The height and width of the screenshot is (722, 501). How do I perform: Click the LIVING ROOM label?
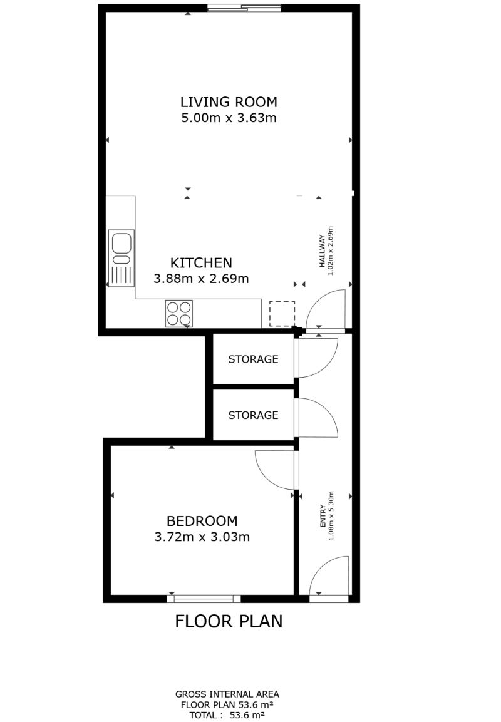[229, 102]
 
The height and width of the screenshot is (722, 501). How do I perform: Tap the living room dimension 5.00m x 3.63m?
[229, 118]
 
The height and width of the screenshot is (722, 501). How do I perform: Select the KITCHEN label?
[201, 263]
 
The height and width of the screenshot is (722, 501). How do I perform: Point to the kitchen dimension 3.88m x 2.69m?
[201, 279]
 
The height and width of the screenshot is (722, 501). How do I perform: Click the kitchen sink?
[121, 258]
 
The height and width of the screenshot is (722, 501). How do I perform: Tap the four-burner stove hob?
[179, 314]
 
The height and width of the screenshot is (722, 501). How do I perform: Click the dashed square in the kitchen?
[282, 314]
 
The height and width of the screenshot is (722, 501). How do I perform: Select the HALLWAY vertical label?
[323, 251]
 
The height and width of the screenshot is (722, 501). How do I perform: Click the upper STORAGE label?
[253, 359]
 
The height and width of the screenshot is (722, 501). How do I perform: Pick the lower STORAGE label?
[253, 415]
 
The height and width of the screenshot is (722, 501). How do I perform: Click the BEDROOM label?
[202, 521]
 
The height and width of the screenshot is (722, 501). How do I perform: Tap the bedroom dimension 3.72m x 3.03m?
[202, 537]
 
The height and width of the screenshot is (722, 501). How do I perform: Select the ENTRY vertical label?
[323, 516]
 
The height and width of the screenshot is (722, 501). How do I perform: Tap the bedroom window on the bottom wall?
[204, 599]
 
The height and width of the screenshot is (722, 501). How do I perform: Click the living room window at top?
[244, 8]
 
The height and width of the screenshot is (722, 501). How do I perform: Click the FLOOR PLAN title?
[229, 622]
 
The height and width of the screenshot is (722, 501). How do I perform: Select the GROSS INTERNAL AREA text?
[227, 694]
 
